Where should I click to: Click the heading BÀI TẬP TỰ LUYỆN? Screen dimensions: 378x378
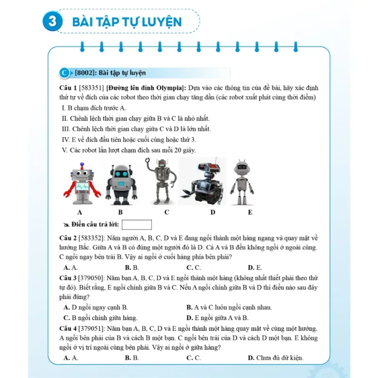click(x=127, y=22)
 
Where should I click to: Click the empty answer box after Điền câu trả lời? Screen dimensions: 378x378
click(x=137, y=224)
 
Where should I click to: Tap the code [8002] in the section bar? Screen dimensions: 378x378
click(x=86, y=73)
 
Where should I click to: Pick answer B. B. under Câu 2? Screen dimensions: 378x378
click(x=132, y=267)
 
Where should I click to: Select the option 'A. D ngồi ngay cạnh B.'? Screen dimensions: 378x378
click(x=95, y=307)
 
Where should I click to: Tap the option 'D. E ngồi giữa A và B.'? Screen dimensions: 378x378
click(x=217, y=318)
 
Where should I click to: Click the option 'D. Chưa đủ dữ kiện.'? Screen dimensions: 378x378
click(x=275, y=358)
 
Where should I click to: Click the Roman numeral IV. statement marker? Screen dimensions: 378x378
click(x=66, y=139)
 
